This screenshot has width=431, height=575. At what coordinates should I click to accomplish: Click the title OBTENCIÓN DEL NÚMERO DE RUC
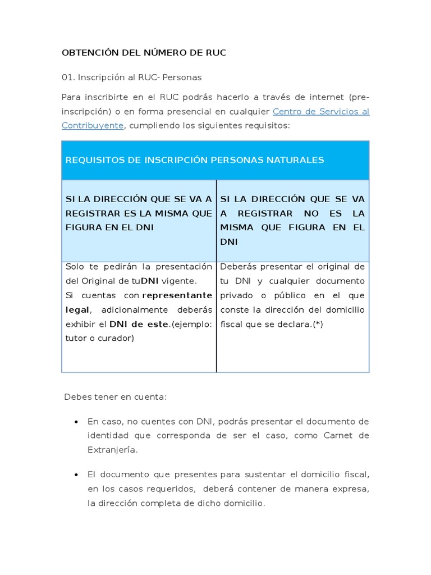[x=144, y=53]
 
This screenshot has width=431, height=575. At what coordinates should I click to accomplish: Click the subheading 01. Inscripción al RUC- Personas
[x=131, y=77]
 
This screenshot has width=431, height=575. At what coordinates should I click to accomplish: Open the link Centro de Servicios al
[x=320, y=111]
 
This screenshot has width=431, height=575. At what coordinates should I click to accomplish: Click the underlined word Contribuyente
[x=92, y=125]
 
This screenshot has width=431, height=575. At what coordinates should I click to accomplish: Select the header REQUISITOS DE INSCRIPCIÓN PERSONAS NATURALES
[x=195, y=160]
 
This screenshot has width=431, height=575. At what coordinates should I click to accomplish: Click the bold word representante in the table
[x=177, y=295]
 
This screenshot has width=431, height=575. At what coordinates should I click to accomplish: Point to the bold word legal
[x=77, y=310]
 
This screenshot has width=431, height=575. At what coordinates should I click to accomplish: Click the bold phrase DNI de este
[x=139, y=324]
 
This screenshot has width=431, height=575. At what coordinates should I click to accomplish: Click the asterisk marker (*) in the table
[x=318, y=324]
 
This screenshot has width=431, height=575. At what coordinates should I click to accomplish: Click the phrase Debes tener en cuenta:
[x=115, y=397]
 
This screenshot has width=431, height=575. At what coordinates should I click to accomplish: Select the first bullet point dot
[x=76, y=422]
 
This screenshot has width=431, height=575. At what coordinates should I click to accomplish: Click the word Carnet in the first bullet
[x=338, y=435]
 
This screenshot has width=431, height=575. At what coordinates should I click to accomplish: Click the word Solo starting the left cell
[x=76, y=267]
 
